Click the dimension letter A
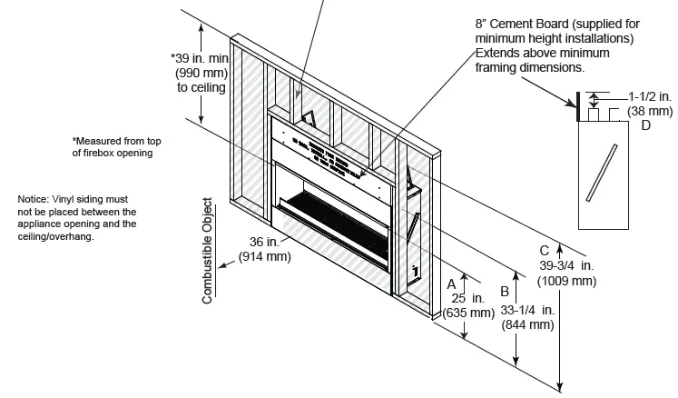[x=451, y=284]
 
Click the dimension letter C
[x=544, y=250]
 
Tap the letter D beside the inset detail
[x=645, y=125]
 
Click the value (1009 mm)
[x=566, y=281]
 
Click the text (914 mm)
[x=264, y=257]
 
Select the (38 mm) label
[x=650, y=110]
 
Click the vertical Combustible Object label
[x=207, y=250]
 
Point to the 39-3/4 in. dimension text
[x=566, y=264]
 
